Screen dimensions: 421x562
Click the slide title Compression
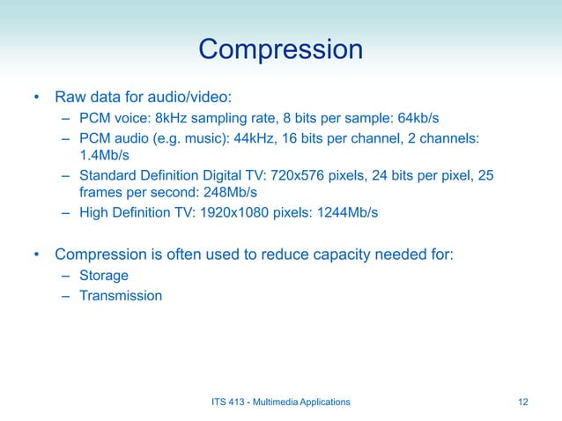[280, 48]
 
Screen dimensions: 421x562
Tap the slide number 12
[523, 402]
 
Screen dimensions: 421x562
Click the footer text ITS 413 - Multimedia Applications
[281, 402]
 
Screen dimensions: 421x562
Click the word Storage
[104, 277]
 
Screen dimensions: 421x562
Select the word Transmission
[121, 296]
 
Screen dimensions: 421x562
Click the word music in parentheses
[221, 138]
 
